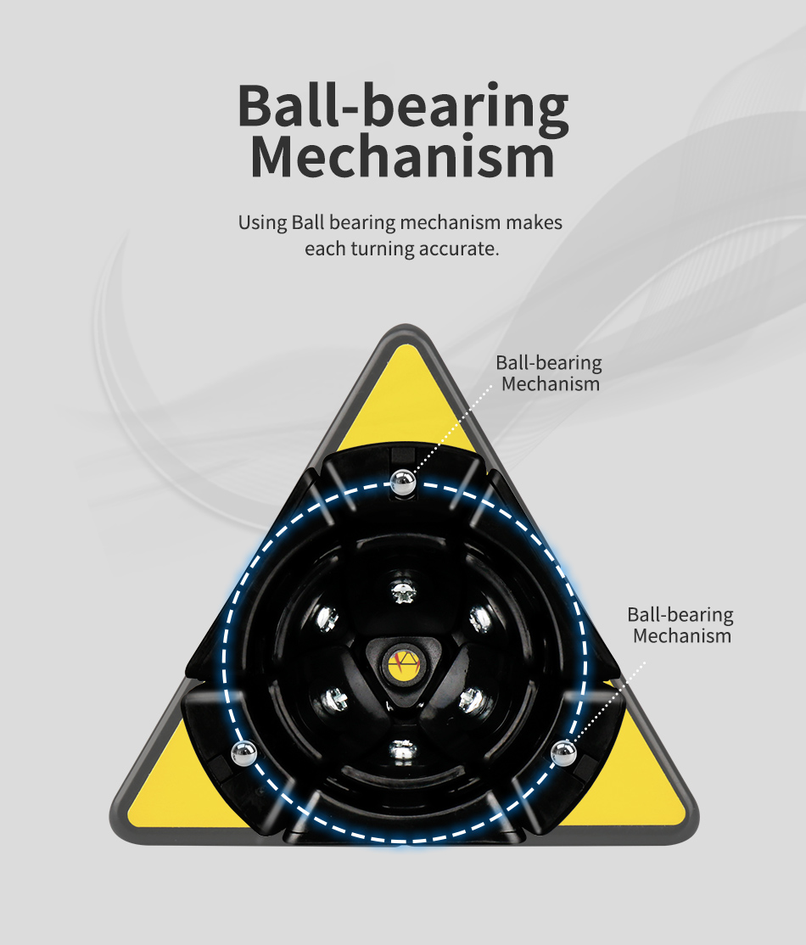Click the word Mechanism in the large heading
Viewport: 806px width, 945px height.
pyautogui.click(x=403, y=159)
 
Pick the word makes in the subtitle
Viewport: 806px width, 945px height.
pyautogui.click(x=534, y=224)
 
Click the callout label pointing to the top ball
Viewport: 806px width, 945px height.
pyautogui.click(x=549, y=373)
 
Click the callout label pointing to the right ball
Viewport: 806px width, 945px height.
pyautogui.click(x=680, y=625)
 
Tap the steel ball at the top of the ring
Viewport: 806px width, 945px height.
pyautogui.click(x=402, y=485)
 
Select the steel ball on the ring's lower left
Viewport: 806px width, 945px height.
pyautogui.click(x=244, y=752)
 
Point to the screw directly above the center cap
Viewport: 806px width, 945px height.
pyautogui.click(x=404, y=590)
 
